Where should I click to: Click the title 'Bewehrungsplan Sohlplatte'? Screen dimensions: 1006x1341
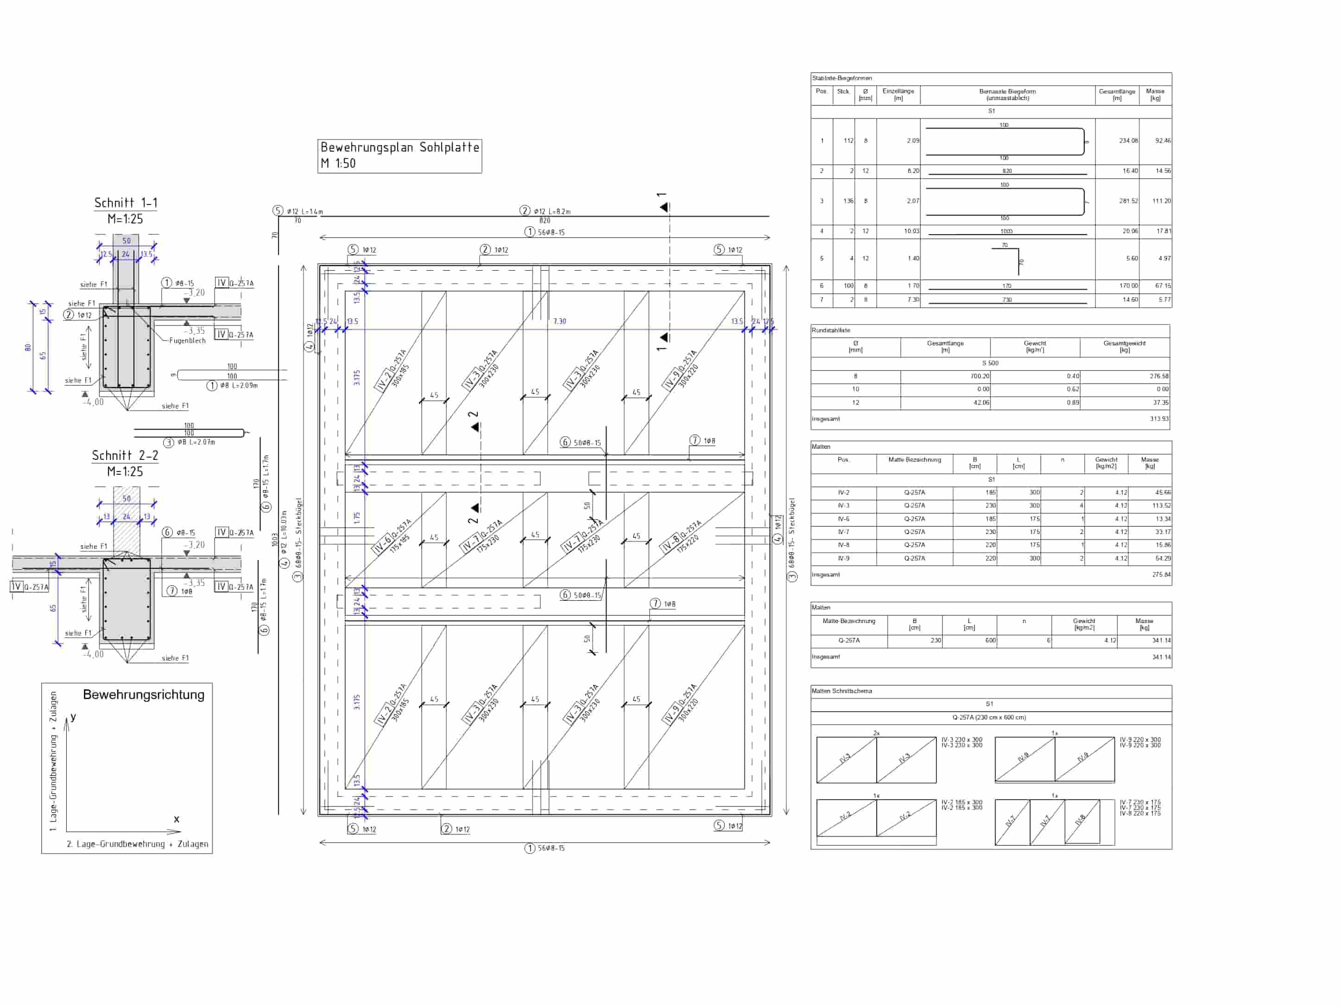click(x=399, y=147)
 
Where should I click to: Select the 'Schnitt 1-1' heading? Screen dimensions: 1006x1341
click(x=126, y=203)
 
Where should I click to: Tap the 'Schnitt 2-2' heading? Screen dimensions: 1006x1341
click(x=125, y=455)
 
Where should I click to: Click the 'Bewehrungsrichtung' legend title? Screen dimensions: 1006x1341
click(x=144, y=694)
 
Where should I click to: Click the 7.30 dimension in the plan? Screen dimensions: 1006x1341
click(x=559, y=321)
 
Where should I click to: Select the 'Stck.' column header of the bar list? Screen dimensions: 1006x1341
click(x=843, y=92)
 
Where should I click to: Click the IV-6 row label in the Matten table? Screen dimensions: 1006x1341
click(x=843, y=519)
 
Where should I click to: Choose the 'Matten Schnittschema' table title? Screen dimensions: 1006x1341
click(x=841, y=691)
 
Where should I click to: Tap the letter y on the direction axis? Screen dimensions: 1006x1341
click(x=73, y=717)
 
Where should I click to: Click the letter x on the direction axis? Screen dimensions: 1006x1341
click(x=177, y=819)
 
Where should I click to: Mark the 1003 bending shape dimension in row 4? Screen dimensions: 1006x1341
click(x=1006, y=231)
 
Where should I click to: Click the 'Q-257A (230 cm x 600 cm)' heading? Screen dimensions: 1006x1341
click(x=989, y=717)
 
